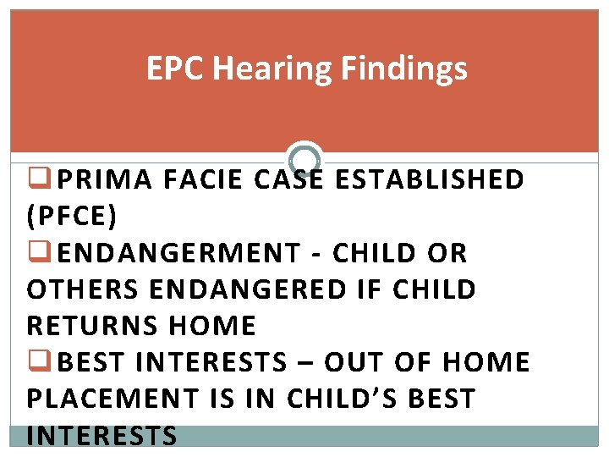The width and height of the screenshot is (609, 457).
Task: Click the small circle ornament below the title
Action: point(304,158)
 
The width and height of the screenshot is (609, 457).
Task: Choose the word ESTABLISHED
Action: point(430,179)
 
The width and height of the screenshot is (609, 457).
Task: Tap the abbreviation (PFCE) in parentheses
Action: point(73,217)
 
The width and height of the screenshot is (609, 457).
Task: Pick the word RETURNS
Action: point(92,326)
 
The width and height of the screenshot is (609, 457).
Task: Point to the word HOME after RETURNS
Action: point(211,326)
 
